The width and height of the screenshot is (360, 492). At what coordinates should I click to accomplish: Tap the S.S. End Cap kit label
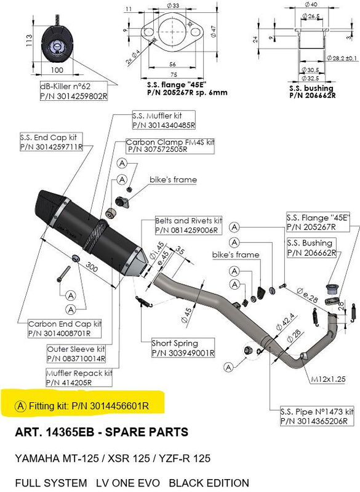[x=50, y=142]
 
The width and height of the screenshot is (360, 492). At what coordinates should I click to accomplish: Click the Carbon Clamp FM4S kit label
[x=170, y=146]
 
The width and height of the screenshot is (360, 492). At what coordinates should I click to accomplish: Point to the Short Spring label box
[x=183, y=348]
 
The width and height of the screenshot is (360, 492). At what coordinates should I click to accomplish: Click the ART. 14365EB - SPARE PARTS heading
[x=102, y=432]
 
